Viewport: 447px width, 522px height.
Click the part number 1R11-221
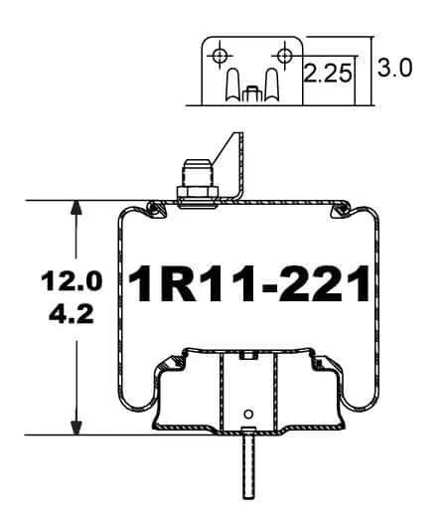248,286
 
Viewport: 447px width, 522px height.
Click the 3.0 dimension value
394,69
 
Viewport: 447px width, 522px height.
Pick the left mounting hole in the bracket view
220,55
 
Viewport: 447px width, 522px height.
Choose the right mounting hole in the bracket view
285,55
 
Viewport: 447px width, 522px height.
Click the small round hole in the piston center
248,413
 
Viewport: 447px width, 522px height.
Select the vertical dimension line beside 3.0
371,70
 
